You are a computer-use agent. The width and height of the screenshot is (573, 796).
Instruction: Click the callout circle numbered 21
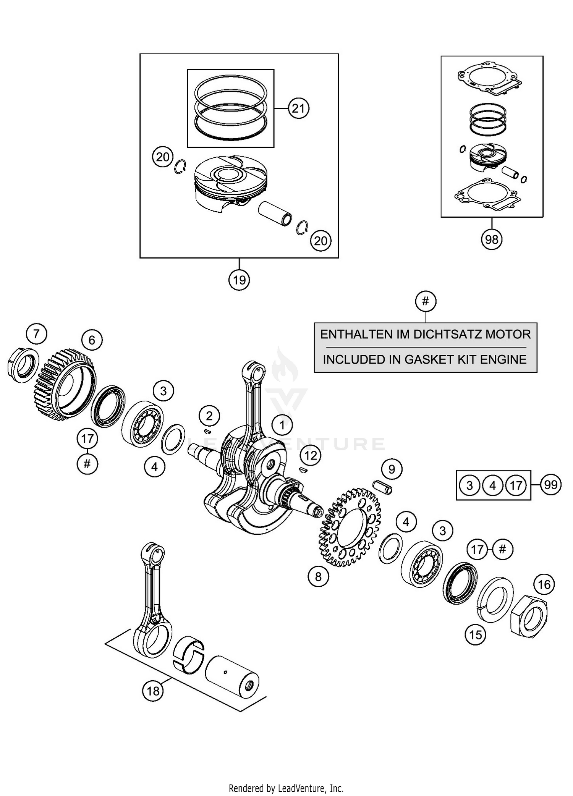tap(298, 109)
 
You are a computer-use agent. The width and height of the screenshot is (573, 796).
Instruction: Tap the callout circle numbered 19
tap(239, 280)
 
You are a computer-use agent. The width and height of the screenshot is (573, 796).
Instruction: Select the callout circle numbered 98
tap(491, 239)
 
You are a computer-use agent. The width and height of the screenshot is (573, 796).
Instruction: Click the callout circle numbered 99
tap(551, 485)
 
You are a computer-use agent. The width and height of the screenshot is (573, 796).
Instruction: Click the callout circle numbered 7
tap(36, 334)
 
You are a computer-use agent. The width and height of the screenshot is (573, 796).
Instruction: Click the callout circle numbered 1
tap(282, 425)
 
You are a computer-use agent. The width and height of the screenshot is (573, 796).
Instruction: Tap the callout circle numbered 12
tap(311, 455)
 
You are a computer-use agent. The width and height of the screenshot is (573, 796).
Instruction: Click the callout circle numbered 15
tap(476, 635)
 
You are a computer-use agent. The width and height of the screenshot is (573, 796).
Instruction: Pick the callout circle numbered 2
tap(209, 416)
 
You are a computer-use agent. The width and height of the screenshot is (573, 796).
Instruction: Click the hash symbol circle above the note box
tap(426, 301)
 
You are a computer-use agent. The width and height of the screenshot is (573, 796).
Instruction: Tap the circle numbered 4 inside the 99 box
tap(493, 485)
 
